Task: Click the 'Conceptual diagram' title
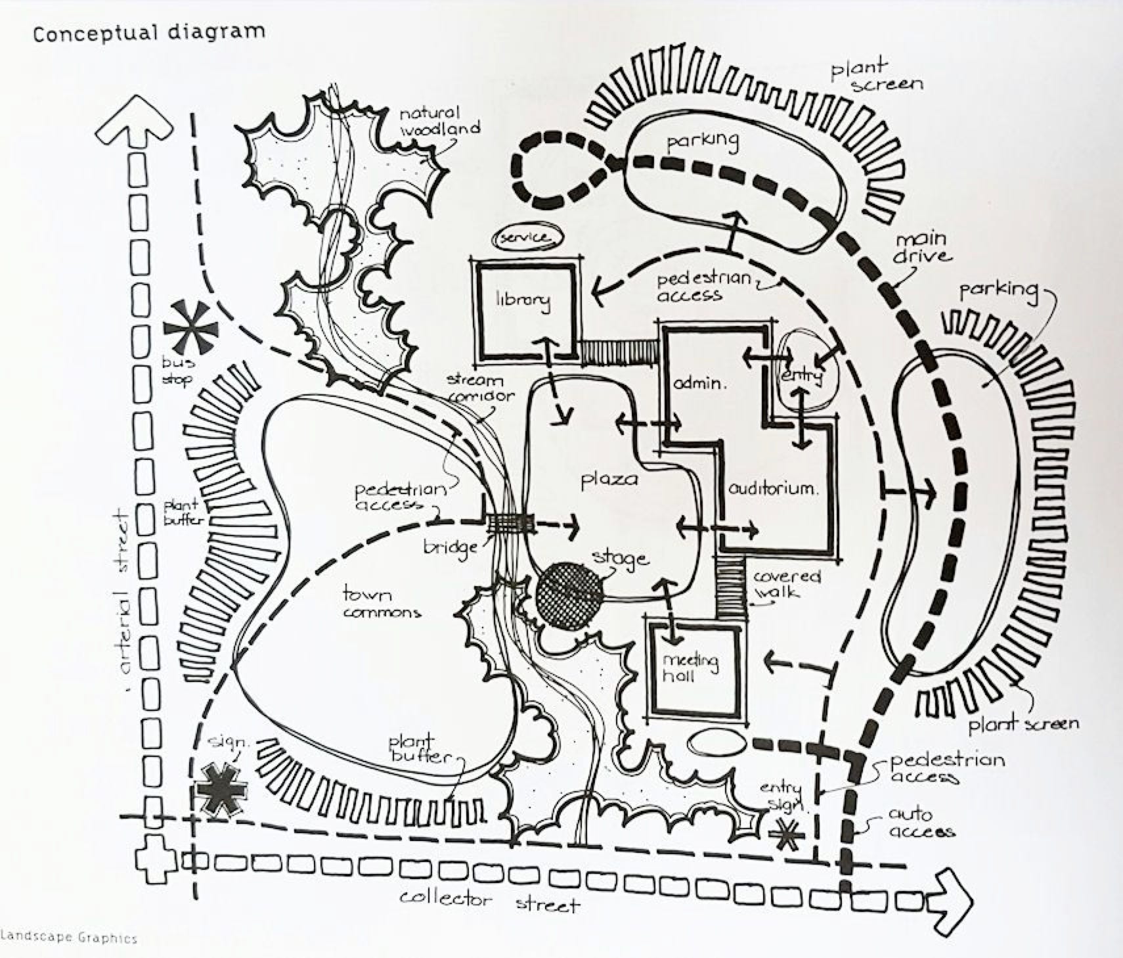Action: [x=148, y=32]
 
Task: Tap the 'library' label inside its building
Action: [x=523, y=300]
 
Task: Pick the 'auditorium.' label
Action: [x=774, y=489]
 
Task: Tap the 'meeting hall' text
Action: [x=690, y=667]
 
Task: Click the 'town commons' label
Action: [x=381, y=603]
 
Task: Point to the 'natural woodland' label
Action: [x=439, y=122]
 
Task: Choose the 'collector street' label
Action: [x=490, y=901]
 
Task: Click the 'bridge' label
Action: [x=451, y=547]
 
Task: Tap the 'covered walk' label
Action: [x=786, y=584]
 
